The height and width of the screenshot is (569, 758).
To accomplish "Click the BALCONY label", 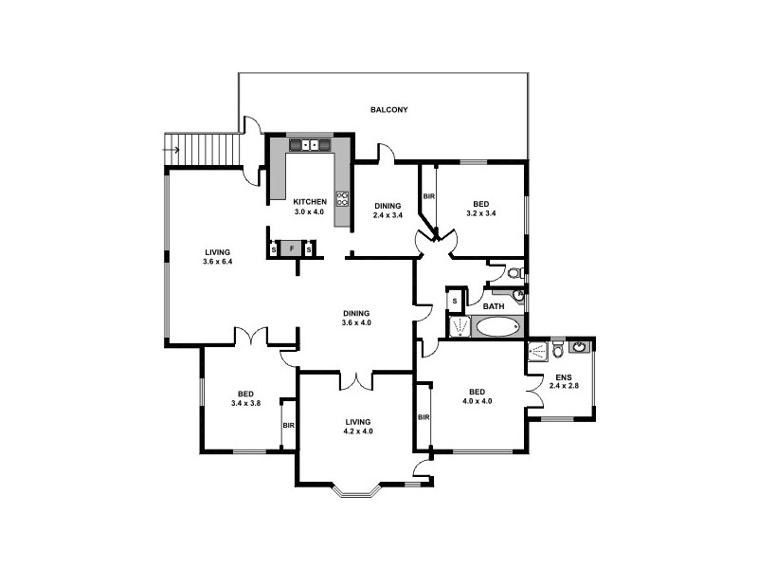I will pyautogui.click(x=389, y=110).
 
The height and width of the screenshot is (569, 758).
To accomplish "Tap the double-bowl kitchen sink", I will pyautogui.click(x=310, y=145).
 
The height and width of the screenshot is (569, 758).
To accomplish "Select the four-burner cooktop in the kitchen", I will pyautogui.click(x=341, y=199).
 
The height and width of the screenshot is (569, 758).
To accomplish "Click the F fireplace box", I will pyautogui.click(x=292, y=249).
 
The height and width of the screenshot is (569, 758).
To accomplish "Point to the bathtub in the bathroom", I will pyautogui.click(x=497, y=328).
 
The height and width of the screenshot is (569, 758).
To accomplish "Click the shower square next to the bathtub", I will pyautogui.click(x=460, y=327).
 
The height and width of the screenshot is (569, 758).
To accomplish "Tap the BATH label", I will pyautogui.click(x=494, y=306).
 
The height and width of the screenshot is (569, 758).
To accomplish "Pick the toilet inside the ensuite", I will pyautogui.click(x=558, y=351).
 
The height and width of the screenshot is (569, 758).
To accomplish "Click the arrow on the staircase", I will pyautogui.click(x=172, y=149).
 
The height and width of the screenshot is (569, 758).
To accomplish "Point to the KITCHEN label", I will pyautogui.click(x=310, y=201).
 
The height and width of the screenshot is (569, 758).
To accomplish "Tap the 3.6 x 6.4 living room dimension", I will pyautogui.click(x=217, y=261).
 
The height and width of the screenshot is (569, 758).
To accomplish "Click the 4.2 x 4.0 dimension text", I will pyautogui.click(x=358, y=431).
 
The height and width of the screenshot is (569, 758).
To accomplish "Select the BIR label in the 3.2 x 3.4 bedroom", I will pyautogui.click(x=428, y=196).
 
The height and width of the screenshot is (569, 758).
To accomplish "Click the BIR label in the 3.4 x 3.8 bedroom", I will pyautogui.click(x=288, y=425).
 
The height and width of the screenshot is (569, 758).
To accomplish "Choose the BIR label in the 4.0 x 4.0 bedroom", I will pyautogui.click(x=424, y=417).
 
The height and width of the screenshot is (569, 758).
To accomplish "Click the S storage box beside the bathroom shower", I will pyautogui.click(x=455, y=302).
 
